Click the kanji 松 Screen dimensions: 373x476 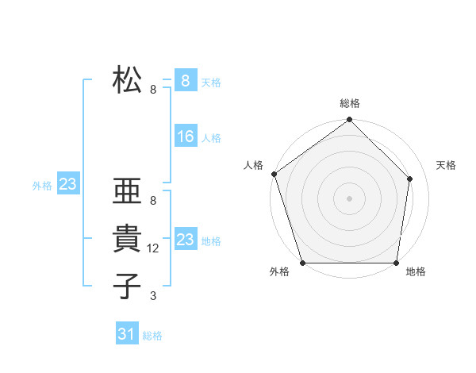coord(127,80)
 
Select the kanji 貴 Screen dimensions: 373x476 coord(127,239)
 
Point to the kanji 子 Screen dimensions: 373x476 coord(127,286)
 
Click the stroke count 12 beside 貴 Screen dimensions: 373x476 coord(154,248)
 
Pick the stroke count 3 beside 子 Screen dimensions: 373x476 coord(152,296)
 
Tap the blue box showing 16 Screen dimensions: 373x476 coord(185,137)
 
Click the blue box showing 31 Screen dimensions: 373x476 coord(127,334)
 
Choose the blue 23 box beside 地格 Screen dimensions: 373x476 coord(185,240)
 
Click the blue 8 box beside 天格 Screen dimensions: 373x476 coord(185,81)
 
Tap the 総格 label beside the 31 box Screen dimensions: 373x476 coord(152,336)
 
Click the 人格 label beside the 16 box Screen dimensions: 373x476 coord(211,138)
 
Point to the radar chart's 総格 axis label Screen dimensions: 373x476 coord(350,104)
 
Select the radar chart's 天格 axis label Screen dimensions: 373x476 coord(447,165)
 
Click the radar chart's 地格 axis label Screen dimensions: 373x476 coord(416,272)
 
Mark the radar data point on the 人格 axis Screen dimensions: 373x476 coord(274,174)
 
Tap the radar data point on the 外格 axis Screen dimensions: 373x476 coord(302,263)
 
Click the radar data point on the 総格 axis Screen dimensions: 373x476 coord(350,121)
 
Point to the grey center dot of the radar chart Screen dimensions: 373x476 coord(350,198)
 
